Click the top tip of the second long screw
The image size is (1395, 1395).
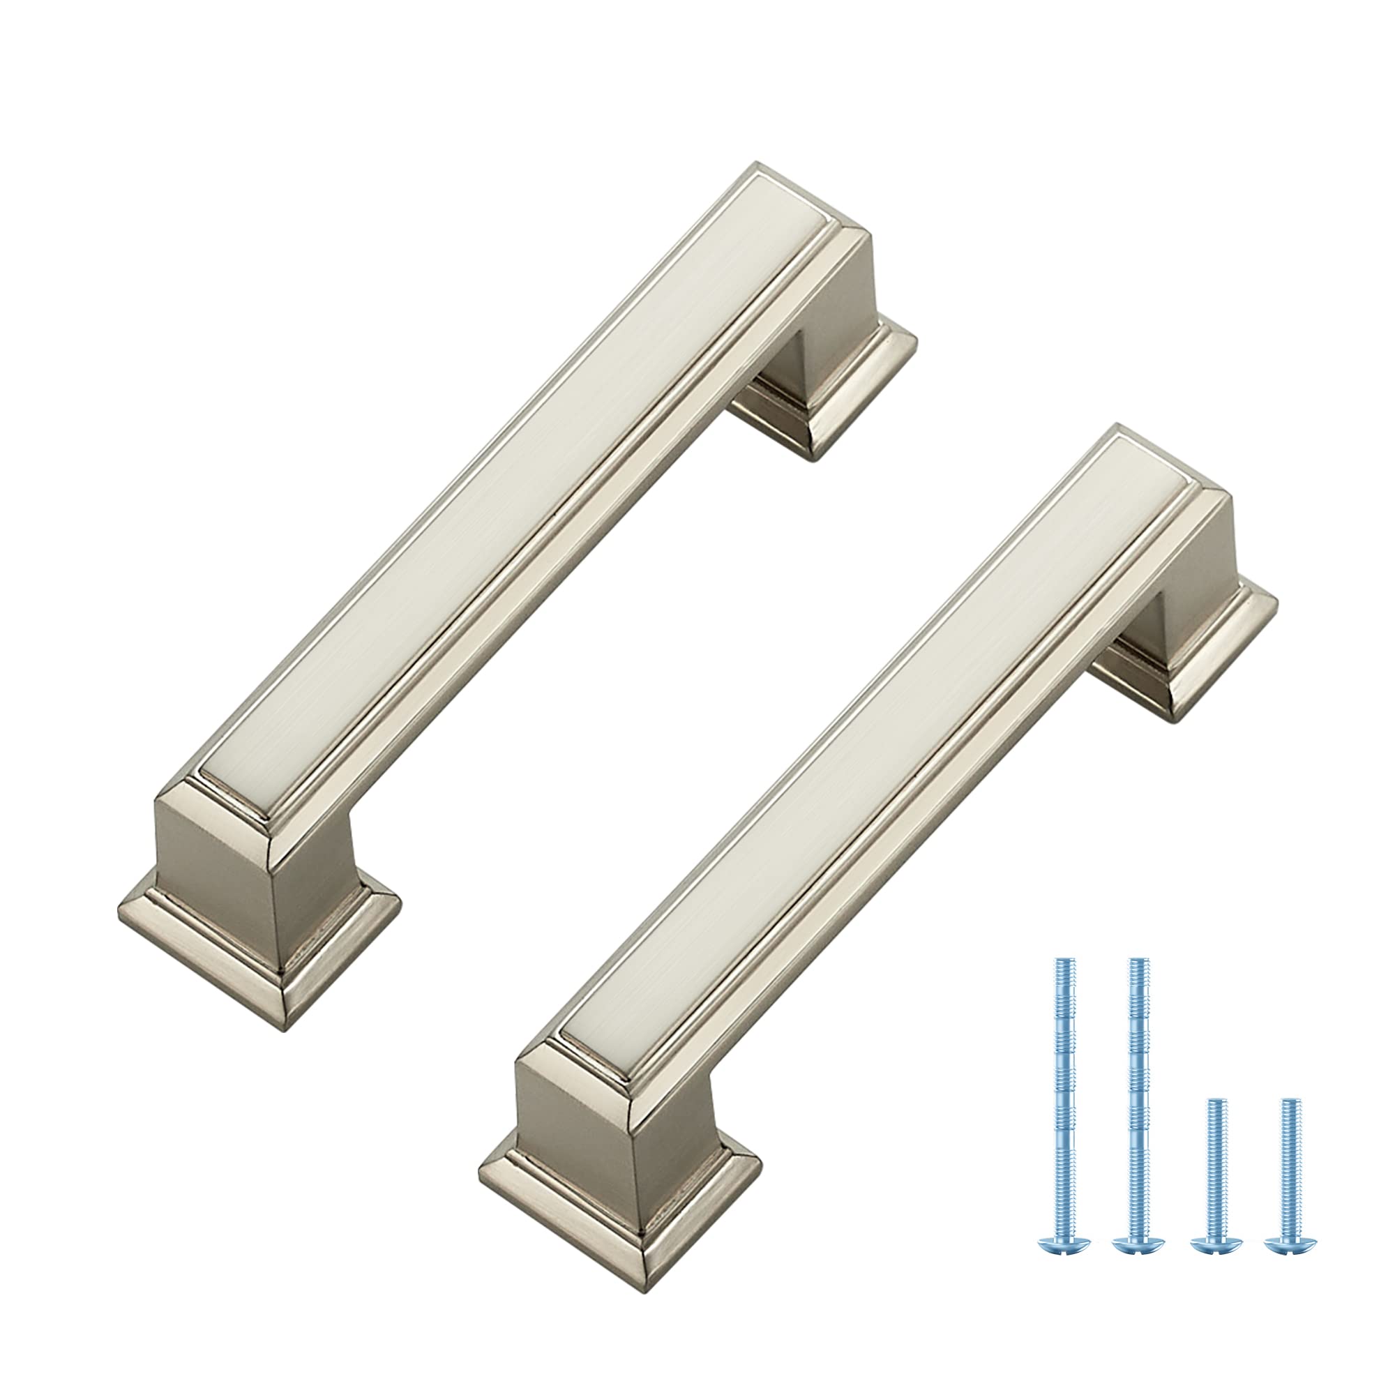coord(1138,965)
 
